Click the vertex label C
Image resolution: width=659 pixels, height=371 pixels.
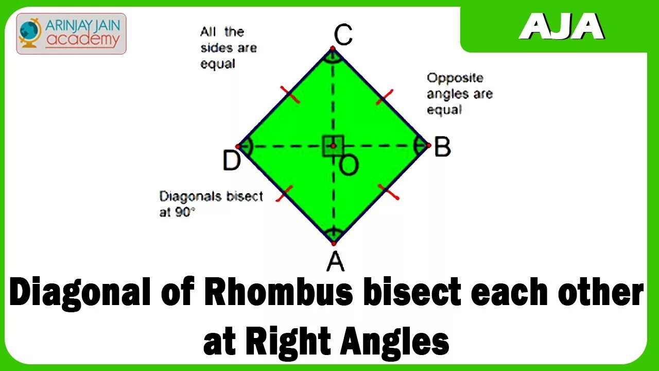click(343, 36)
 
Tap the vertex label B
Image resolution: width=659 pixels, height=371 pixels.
click(442, 148)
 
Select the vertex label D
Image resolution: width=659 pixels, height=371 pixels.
click(231, 161)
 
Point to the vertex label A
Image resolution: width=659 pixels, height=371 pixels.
click(335, 262)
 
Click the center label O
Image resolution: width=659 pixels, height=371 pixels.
click(349, 165)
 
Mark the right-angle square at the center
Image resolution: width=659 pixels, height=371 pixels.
click(333, 146)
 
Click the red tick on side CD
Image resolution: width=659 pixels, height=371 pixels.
click(290, 95)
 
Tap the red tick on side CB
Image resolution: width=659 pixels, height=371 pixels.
click(385, 96)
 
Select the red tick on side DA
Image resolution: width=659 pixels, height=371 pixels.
click(284, 193)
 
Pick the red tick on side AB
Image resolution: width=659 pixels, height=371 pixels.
click(389, 192)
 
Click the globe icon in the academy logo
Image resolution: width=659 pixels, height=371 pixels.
click(30, 32)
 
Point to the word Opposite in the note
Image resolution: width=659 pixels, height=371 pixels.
click(455, 78)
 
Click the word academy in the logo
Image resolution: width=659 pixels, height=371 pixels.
click(82, 39)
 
